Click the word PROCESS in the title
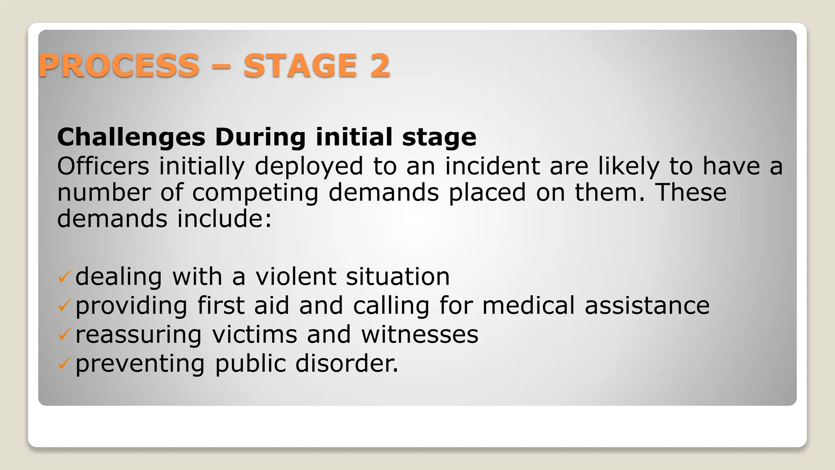click(x=119, y=66)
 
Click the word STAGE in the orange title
click(x=300, y=66)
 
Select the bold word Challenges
click(x=131, y=137)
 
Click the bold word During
click(x=260, y=137)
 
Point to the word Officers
click(x=103, y=166)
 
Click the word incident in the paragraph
click(x=492, y=166)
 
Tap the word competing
click(x=255, y=193)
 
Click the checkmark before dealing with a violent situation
click(x=64, y=277)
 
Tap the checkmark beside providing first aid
click(x=64, y=306)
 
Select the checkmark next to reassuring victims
click(x=64, y=335)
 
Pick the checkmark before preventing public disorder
click(x=64, y=364)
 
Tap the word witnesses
click(x=420, y=335)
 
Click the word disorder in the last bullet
click(x=346, y=364)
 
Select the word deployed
click(x=309, y=166)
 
